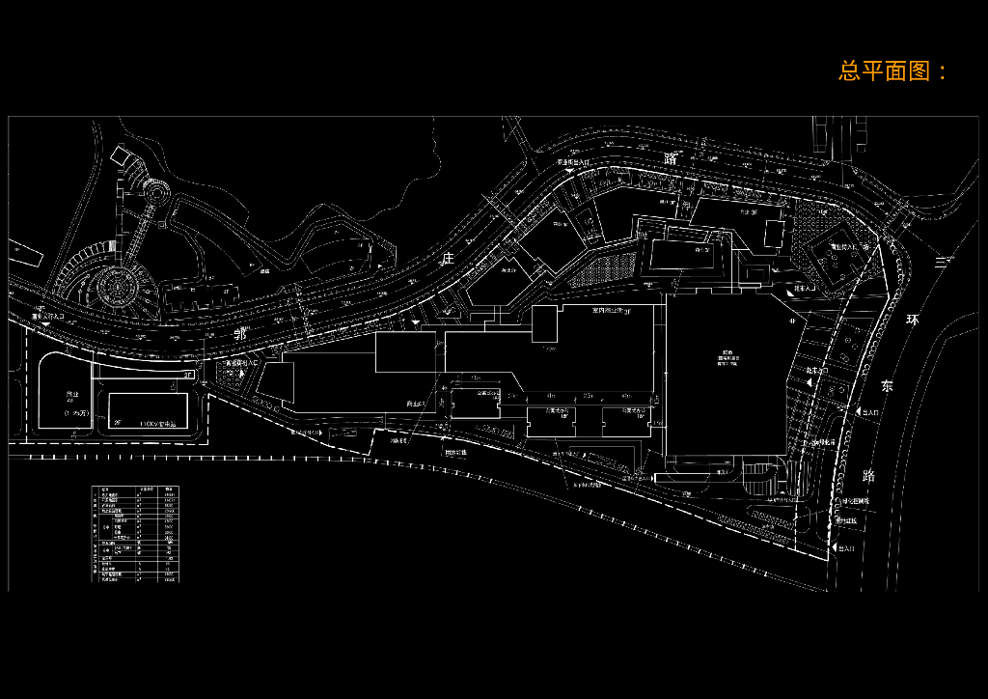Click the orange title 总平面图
[x=893, y=70]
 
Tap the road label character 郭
[x=241, y=333]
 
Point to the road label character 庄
[x=447, y=259]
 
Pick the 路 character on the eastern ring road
[x=869, y=475]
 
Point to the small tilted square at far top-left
[x=120, y=154]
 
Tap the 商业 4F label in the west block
[x=71, y=397]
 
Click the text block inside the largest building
[x=726, y=356]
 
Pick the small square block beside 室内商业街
[x=545, y=320]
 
